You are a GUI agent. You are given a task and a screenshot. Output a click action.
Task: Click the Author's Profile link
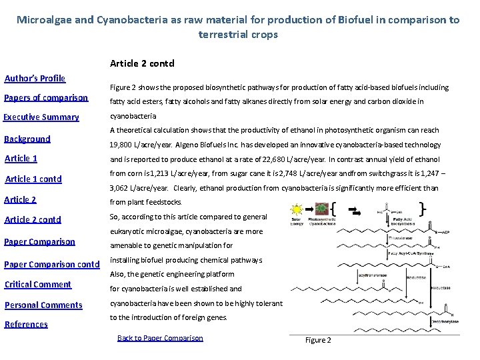(35, 78)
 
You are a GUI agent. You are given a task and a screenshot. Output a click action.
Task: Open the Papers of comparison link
(46, 97)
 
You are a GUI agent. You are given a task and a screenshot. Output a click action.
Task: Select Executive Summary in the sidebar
(41, 117)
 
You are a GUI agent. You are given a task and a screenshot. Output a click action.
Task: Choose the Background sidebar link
(27, 139)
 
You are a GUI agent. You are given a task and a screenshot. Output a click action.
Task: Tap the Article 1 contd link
(33, 179)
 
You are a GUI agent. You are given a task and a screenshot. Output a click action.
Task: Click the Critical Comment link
(38, 284)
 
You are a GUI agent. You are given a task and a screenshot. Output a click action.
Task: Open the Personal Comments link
(43, 305)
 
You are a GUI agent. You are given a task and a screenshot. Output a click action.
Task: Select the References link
(26, 324)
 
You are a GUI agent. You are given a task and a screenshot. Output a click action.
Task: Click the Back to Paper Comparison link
(160, 338)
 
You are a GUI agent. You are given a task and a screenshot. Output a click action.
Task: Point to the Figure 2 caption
(318, 340)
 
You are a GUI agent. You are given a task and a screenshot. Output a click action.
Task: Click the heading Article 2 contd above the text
(141, 64)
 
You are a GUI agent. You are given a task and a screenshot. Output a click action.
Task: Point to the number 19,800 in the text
(123, 145)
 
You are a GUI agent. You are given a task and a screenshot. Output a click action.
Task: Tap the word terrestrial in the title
(222, 34)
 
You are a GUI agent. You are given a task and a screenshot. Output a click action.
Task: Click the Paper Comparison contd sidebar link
(52, 264)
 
